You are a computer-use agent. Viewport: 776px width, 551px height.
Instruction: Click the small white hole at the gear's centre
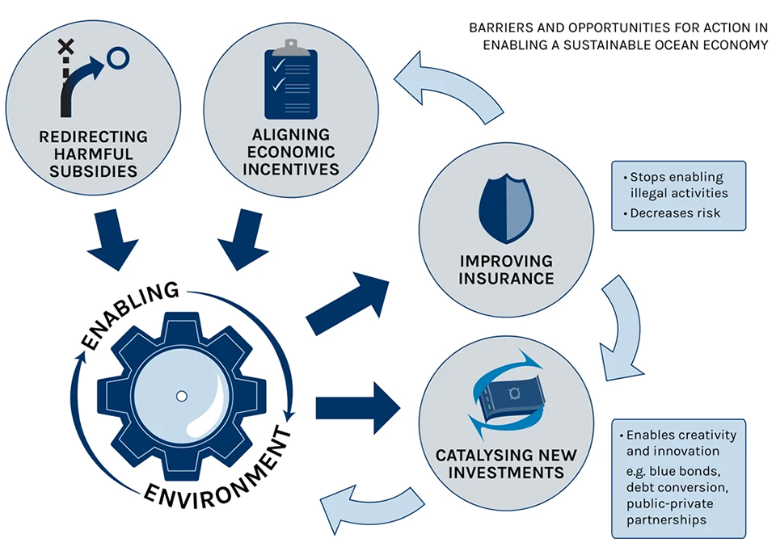[181, 396]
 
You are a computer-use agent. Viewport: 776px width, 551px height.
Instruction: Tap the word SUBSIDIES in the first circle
[93, 170]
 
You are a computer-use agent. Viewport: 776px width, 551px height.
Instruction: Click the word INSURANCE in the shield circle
[506, 279]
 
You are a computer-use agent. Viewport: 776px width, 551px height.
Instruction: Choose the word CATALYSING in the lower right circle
[470, 455]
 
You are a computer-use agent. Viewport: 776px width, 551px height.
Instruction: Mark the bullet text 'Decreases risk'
[676, 212]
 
